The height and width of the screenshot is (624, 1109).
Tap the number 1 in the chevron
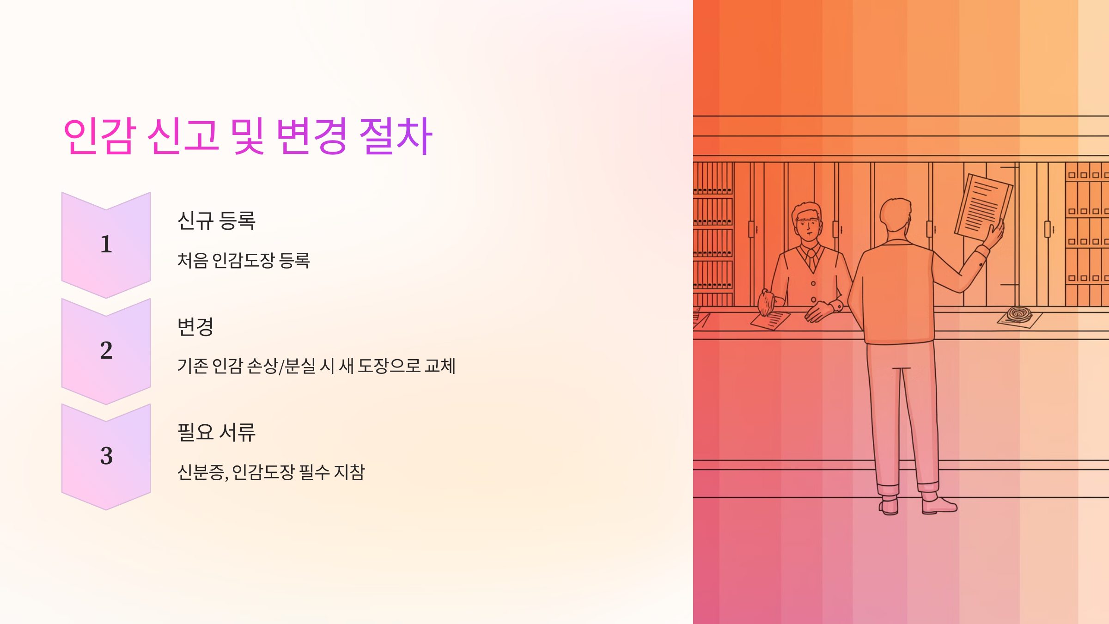106,244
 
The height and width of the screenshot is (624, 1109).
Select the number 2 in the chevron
106,350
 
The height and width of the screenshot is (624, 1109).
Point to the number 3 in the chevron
106,456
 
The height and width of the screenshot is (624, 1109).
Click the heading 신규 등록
216,220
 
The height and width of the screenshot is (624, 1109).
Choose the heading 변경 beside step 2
195,327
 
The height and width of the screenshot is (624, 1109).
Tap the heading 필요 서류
216,433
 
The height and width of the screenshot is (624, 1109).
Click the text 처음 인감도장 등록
244,260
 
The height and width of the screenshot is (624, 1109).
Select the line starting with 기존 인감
317,366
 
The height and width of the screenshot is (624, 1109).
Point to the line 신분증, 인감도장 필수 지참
271,472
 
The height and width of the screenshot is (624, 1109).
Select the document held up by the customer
983,207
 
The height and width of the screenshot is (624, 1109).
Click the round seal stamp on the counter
1019,314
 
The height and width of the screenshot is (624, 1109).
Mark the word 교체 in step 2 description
440,366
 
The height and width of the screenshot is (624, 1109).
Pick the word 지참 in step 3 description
349,472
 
